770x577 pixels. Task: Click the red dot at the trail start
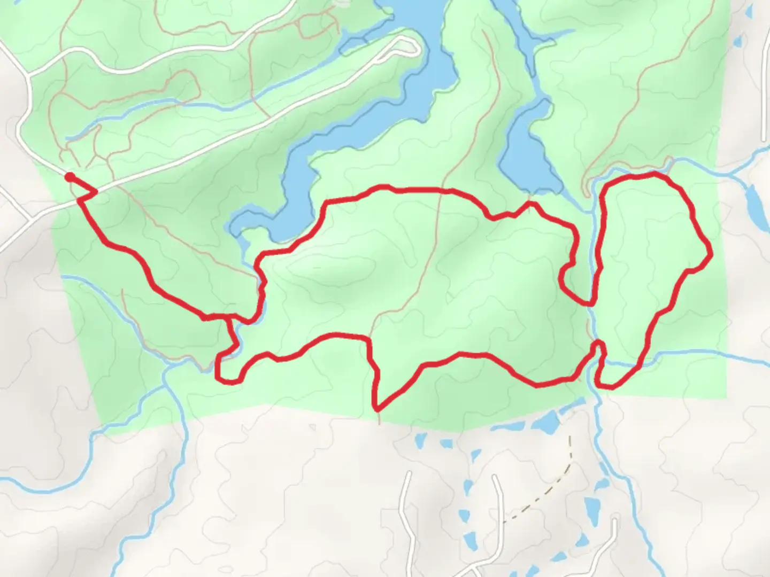point(70,176)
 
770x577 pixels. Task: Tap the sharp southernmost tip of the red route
point(378,410)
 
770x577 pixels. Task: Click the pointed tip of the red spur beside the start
point(97,190)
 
